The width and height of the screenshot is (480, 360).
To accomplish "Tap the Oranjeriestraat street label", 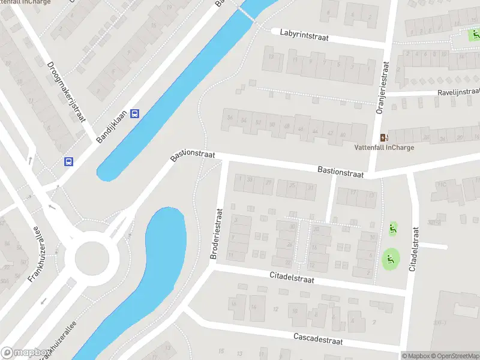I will pos(380,86).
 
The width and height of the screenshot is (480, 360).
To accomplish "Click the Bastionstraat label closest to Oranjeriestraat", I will pos(341,172).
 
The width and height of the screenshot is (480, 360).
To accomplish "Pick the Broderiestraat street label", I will pos(216,233).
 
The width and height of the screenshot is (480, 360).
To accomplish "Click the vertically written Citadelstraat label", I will pos(413,245).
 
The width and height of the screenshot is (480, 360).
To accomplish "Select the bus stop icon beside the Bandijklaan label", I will pos(136,113).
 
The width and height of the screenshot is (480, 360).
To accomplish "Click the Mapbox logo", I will pos(25,353).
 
